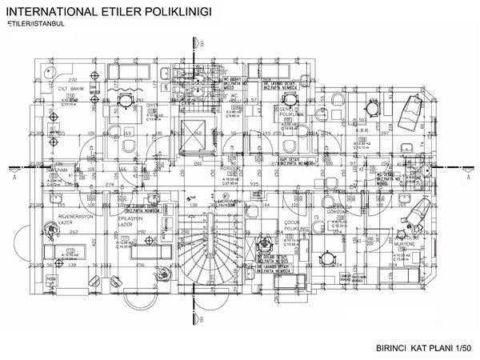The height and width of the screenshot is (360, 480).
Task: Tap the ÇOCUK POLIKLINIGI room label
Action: (x=297, y=226)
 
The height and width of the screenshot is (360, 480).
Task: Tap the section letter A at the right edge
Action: (x=468, y=178)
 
